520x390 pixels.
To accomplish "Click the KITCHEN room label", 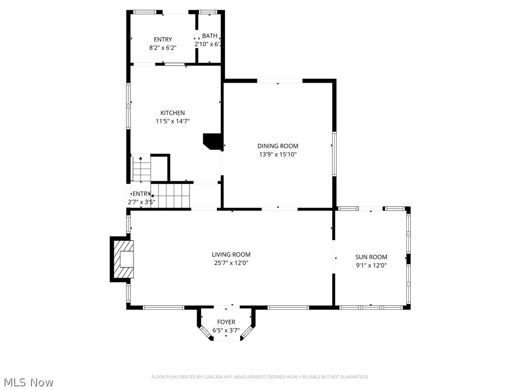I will tap(173, 113).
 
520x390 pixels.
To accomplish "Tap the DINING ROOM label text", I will tap(277, 146).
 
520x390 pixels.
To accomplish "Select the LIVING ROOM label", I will tap(231, 254).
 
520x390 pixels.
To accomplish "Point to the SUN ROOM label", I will tap(371, 257).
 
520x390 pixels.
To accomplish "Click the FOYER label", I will tap(226, 322).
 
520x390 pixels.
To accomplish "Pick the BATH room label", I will tap(209, 36).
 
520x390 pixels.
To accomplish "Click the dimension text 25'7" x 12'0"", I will tap(231, 263).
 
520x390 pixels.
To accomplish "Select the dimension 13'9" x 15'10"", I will tap(277, 154).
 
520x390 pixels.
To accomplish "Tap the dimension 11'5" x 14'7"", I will tap(173, 121).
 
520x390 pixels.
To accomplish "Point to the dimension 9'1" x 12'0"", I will tap(371, 265).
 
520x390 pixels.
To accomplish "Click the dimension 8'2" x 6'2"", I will tap(162, 47).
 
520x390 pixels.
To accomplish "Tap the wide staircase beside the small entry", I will tap(171, 196).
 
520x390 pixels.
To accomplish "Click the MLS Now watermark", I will tap(28, 382).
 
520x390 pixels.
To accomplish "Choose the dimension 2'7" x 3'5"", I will tap(141, 202).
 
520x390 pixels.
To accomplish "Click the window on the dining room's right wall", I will tap(334, 154).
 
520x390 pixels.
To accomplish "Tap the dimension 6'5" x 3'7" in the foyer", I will tap(226, 330).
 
